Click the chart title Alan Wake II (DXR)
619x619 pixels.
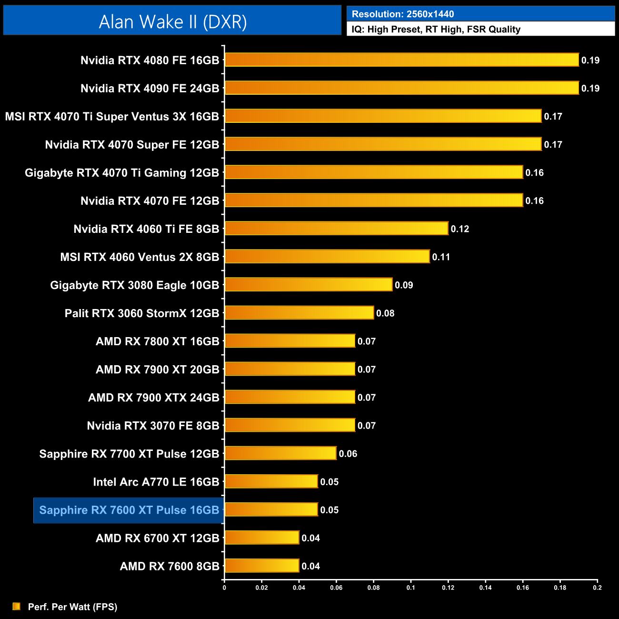(172, 22)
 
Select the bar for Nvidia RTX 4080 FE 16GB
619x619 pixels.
(401, 60)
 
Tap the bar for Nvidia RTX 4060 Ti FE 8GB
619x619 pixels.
(336, 229)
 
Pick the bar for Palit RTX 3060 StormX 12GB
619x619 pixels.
(299, 313)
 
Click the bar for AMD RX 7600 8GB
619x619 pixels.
(262, 566)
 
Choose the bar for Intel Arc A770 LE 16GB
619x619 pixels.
(271, 481)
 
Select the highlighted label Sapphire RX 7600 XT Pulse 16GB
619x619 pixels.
(129, 510)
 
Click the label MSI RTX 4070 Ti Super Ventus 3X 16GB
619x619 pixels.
(112, 117)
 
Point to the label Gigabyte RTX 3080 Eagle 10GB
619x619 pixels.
(135, 285)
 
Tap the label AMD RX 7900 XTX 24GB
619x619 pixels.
(154, 398)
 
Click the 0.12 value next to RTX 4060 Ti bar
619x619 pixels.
(460, 229)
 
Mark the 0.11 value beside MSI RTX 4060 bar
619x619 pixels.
(441, 257)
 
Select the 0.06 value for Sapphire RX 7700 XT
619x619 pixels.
(348, 454)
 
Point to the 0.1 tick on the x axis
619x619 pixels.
(410, 588)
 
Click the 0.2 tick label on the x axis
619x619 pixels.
(597, 588)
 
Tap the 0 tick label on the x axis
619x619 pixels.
(224, 588)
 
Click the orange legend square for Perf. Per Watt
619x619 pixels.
(17, 606)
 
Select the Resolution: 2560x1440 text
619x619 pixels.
(403, 14)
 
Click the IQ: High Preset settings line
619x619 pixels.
(436, 30)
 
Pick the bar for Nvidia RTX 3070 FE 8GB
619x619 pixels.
(290, 425)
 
